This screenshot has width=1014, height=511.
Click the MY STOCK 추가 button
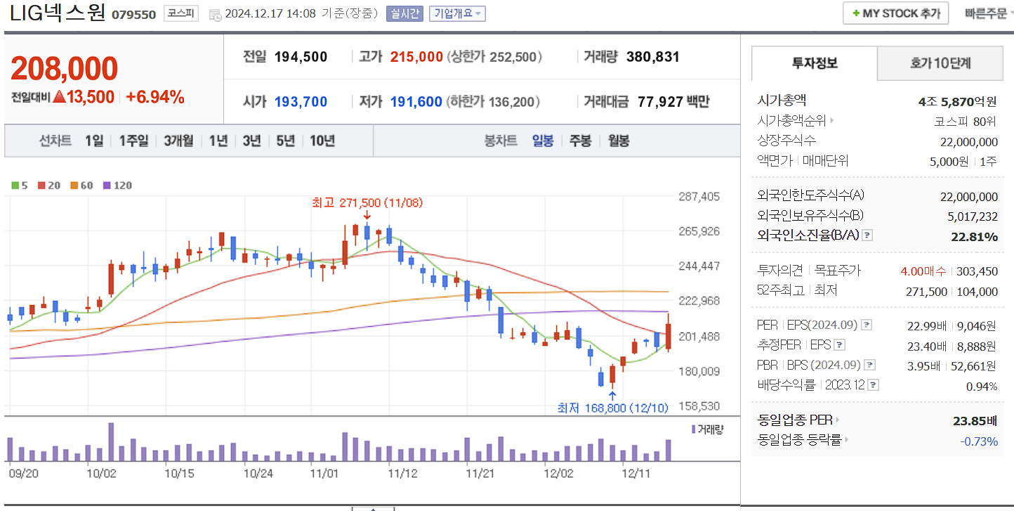(x=895, y=13)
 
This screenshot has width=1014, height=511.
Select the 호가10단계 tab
(x=940, y=63)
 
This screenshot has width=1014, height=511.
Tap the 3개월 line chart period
(x=178, y=141)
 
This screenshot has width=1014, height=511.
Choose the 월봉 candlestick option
(x=619, y=141)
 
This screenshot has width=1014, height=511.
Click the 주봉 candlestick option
(x=580, y=141)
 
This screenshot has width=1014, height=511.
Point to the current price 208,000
(x=64, y=69)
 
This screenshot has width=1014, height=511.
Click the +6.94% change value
(x=155, y=98)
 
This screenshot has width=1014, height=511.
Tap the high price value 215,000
(x=416, y=57)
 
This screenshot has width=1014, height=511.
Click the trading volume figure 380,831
(x=652, y=57)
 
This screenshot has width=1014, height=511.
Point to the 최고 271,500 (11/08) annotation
(x=367, y=202)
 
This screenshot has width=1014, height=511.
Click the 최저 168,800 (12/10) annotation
(x=612, y=408)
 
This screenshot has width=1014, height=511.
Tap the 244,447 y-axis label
(x=699, y=266)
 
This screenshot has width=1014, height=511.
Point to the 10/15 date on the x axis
(x=179, y=473)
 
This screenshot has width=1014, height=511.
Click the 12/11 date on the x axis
(x=637, y=473)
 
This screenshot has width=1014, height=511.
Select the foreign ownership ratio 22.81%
(x=974, y=236)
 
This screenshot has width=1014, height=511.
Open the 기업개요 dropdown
(x=457, y=13)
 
